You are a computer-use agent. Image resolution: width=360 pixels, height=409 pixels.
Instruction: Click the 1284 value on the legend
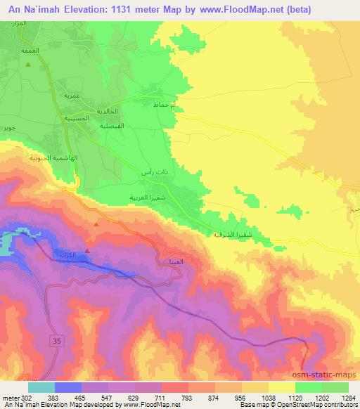point(348,397)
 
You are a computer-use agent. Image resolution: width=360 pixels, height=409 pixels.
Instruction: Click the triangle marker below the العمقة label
point(29,64)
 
